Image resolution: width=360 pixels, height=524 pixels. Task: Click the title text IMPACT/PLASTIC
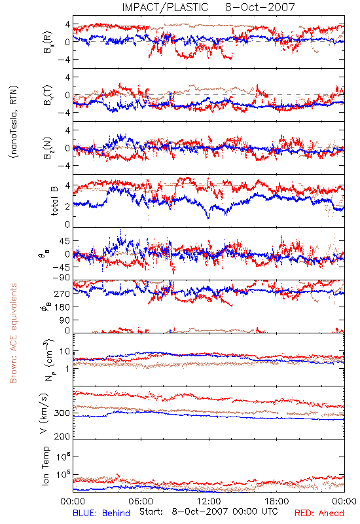(x=165, y=7)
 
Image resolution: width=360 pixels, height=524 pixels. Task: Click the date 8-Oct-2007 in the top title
(x=260, y=7)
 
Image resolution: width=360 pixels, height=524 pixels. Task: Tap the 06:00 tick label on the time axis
(x=141, y=501)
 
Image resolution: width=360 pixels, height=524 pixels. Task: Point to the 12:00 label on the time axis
(x=209, y=501)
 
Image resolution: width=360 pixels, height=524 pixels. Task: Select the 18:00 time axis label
(x=277, y=501)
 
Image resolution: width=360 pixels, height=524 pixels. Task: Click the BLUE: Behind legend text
(x=101, y=513)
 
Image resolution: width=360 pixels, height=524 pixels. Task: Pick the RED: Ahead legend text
(x=319, y=513)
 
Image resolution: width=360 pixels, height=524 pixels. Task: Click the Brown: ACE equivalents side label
(x=13, y=333)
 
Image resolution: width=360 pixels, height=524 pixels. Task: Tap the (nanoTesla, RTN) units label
(x=14, y=122)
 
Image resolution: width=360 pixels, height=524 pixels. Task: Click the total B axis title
(x=54, y=201)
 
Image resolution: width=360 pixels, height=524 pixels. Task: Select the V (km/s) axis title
(x=44, y=413)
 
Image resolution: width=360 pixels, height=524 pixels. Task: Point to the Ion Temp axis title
(x=45, y=466)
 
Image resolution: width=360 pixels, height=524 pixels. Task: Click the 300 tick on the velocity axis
(x=62, y=413)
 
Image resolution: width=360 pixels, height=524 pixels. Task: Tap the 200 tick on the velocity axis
(x=62, y=436)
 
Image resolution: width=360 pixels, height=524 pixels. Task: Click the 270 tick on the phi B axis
(x=62, y=293)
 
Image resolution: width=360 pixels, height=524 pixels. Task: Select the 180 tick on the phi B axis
(x=62, y=307)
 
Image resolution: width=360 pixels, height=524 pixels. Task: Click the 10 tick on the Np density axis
(x=65, y=351)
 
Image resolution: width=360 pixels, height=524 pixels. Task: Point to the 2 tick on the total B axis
(x=67, y=206)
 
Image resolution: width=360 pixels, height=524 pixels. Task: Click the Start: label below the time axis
(x=151, y=512)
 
